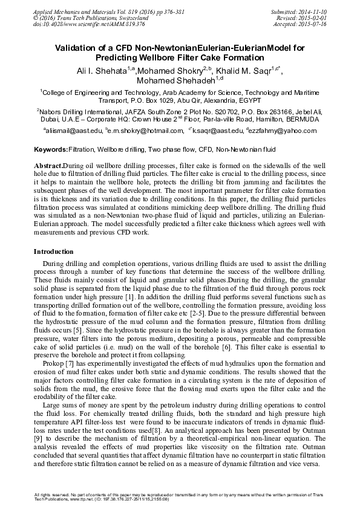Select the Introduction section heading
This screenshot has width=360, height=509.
[53, 251]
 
